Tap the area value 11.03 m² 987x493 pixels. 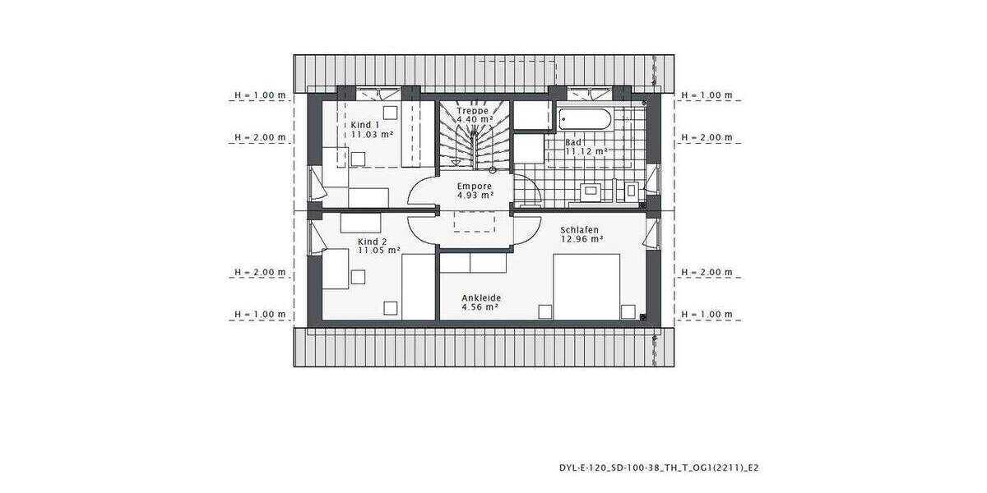point(371,134)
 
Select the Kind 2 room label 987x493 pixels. point(372,242)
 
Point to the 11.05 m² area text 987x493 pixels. point(378,251)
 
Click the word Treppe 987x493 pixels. point(473,110)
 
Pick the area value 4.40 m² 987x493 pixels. point(475,120)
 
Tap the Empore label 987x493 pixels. point(475,186)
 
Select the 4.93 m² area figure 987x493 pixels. point(475,196)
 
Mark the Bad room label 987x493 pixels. point(572,142)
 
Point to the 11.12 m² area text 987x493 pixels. point(586,151)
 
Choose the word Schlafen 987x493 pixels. point(579,230)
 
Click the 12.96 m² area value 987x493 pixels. point(582,239)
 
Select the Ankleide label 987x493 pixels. point(481,298)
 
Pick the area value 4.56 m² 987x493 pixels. point(481,307)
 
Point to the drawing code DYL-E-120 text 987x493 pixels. point(658,468)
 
